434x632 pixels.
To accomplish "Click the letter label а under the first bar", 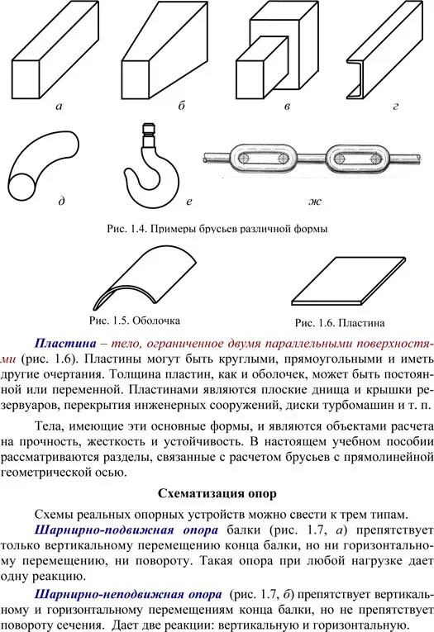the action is tap(59, 107).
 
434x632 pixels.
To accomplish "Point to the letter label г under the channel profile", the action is tap(396, 107).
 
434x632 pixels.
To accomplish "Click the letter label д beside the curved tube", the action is tap(61, 201).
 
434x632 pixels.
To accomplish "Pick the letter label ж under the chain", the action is tap(314, 201).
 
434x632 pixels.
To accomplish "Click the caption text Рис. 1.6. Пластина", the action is tap(339, 322).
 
